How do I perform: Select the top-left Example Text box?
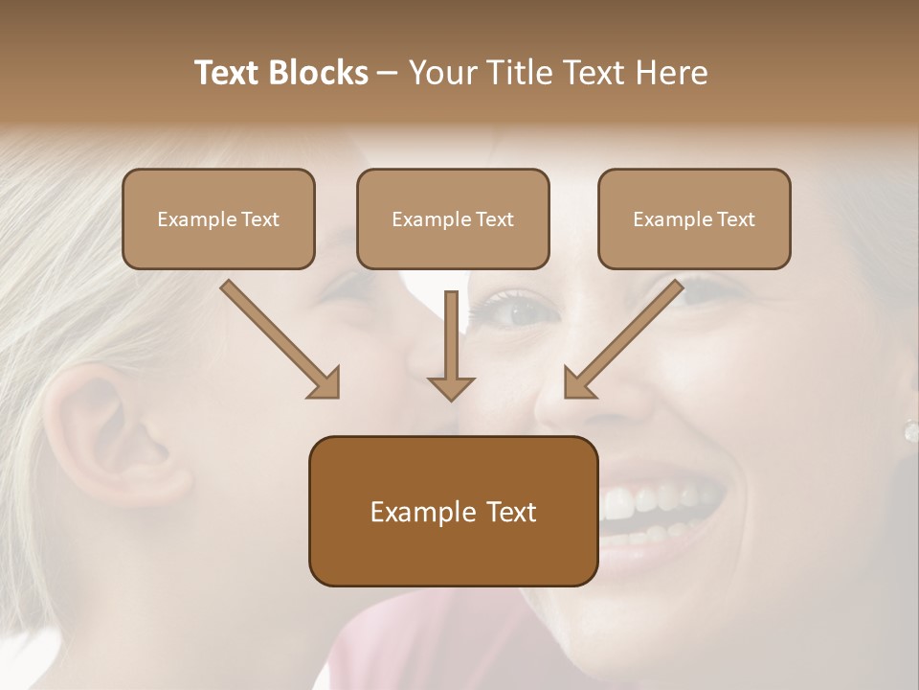point(218,218)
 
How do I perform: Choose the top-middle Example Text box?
point(453,218)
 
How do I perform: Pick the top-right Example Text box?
point(694,218)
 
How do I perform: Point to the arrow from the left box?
point(278,337)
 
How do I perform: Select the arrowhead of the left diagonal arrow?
point(325,382)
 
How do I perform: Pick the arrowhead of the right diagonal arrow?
point(579,382)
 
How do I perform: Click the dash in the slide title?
point(387,73)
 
